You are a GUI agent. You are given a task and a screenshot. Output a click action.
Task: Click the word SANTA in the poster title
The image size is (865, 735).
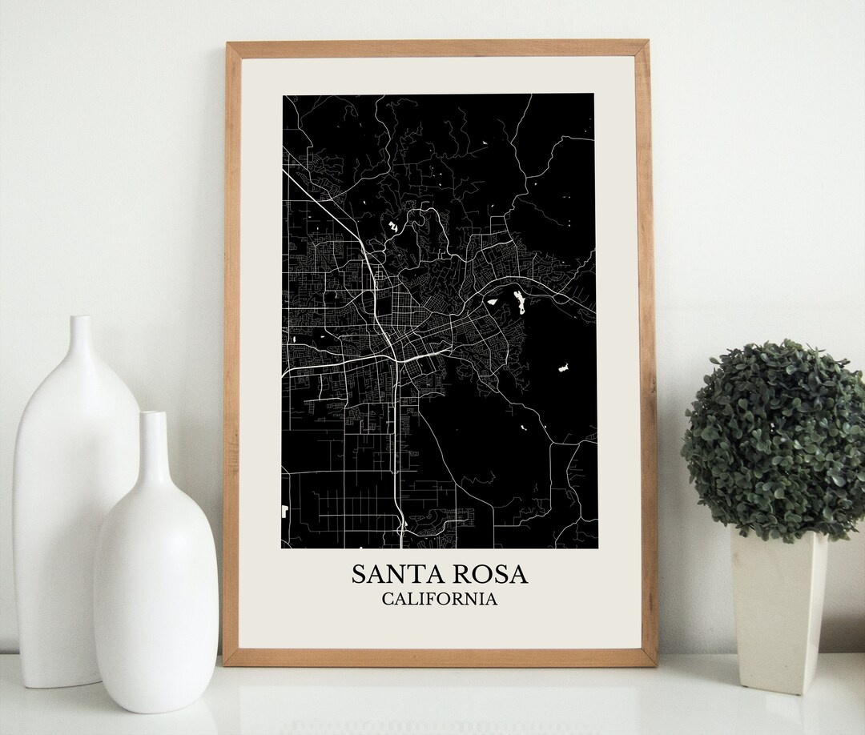398,574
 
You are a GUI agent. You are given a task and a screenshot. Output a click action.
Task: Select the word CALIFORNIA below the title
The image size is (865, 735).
439,599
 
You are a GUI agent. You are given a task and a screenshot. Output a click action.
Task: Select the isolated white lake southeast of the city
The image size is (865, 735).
564,368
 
